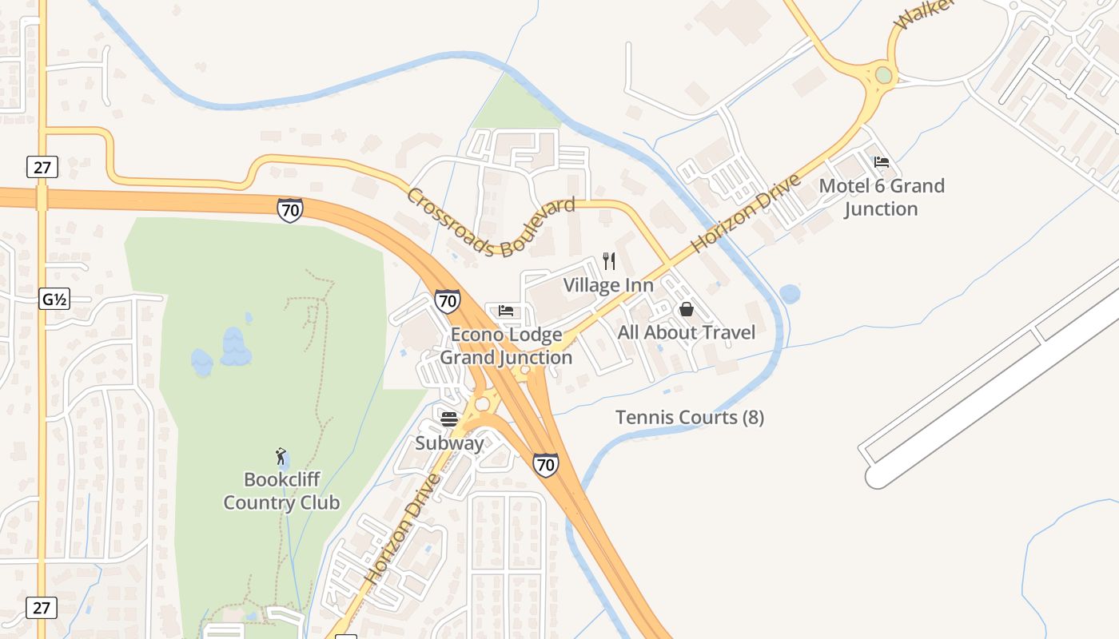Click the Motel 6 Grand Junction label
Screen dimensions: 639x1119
point(882,197)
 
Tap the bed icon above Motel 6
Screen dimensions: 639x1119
point(882,162)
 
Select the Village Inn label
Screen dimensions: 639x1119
point(608,285)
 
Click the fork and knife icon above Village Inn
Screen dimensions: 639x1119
point(608,261)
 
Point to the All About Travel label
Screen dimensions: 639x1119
point(686,332)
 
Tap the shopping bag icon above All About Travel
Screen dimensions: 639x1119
point(686,309)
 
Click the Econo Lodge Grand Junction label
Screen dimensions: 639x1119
point(506,346)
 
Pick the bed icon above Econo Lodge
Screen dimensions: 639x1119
point(506,311)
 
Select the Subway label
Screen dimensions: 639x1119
point(449,443)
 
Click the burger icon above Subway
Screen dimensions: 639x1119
point(449,419)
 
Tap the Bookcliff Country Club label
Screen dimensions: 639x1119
point(281,491)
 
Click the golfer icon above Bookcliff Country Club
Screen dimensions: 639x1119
point(281,456)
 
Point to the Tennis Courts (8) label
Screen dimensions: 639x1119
point(689,417)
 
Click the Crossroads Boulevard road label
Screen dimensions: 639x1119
point(491,223)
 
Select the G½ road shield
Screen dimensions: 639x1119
point(54,300)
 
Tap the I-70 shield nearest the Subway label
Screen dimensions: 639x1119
point(546,464)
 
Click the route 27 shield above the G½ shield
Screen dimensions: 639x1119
point(42,167)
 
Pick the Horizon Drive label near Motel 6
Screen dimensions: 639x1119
point(747,212)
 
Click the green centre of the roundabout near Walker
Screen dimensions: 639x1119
point(883,75)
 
